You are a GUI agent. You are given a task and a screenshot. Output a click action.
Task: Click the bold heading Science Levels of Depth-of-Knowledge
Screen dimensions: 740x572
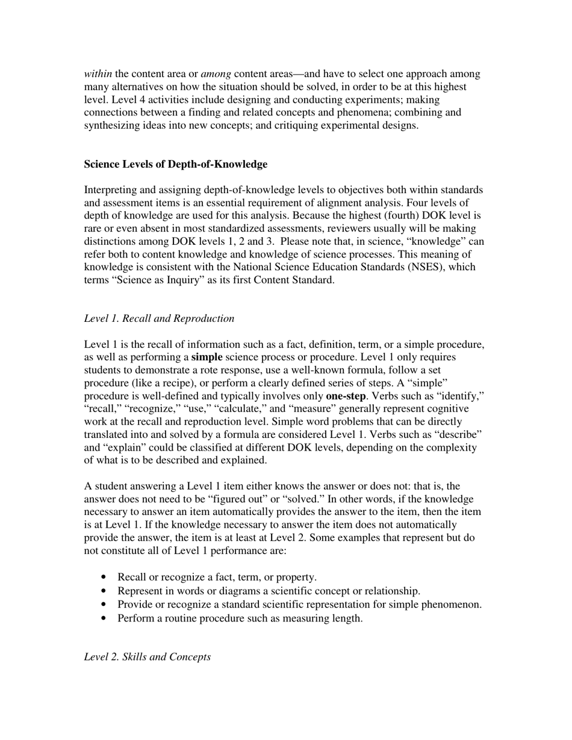[x=175, y=164]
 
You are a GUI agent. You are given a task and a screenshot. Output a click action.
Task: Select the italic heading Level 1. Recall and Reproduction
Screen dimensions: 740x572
[x=159, y=318]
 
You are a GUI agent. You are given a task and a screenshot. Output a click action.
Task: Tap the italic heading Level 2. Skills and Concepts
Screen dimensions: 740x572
[x=147, y=656]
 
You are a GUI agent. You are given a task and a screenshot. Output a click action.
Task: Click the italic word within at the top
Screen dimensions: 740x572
[x=98, y=74]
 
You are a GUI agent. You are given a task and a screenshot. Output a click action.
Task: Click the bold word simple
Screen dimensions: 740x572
[x=207, y=357]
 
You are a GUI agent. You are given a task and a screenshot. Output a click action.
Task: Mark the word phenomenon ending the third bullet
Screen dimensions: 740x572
[x=453, y=605]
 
